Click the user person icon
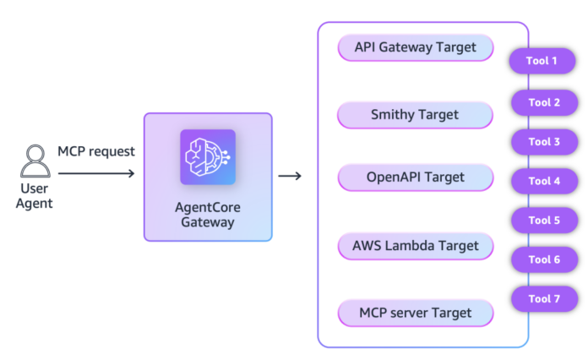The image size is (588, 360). [35, 159]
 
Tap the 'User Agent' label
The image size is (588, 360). [35, 195]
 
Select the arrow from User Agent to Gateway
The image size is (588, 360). [96, 174]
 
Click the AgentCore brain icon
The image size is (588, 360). [208, 156]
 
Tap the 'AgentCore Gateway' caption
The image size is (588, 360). [208, 215]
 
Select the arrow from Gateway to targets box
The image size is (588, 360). [291, 176]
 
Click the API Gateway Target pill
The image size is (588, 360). [415, 47]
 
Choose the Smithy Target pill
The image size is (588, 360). [415, 115]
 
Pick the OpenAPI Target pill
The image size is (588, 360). [415, 177]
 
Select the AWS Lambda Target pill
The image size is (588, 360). [415, 246]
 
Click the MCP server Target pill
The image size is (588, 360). [415, 313]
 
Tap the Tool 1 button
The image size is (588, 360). [544, 61]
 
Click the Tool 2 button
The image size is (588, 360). [544, 102]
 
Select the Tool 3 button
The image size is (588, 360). [544, 141]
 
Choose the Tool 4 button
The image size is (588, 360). [544, 181]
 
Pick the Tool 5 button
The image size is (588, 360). [544, 220]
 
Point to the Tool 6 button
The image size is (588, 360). [544, 259]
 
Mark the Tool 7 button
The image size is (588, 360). [544, 299]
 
